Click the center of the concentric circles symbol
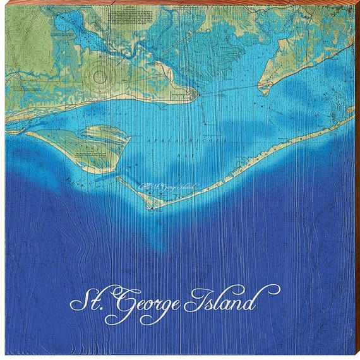pos(100,77)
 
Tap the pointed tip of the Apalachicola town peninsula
pos(196,94)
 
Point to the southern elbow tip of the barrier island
pos(150,205)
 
